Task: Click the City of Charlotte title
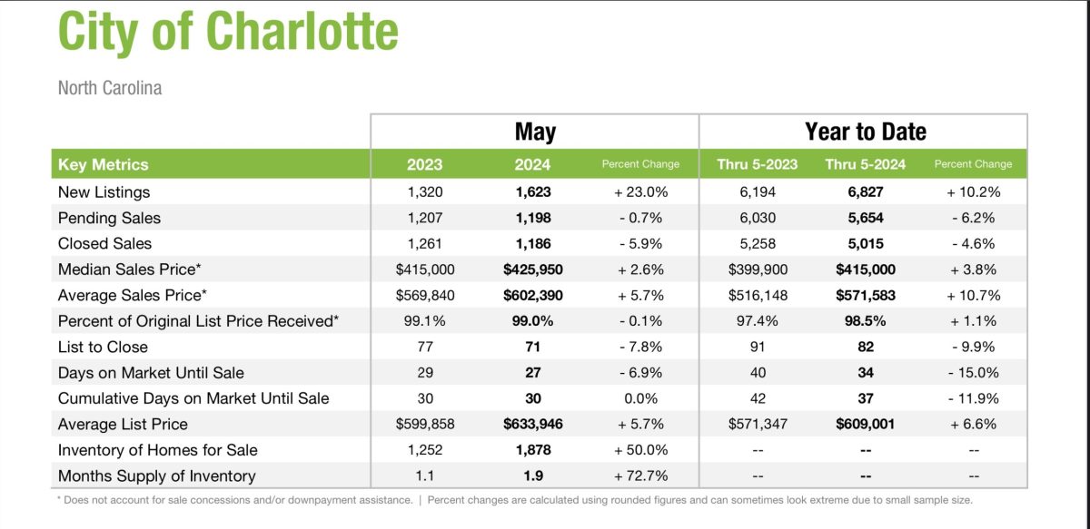click(228, 32)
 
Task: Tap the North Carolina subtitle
click(110, 88)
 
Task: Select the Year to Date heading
click(865, 132)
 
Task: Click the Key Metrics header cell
click(103, 164)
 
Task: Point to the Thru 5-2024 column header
click(866, 164)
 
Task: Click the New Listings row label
click(104, 191)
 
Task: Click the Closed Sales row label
click(104, 243)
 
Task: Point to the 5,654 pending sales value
click(866, 218)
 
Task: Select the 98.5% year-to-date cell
click(866, 321)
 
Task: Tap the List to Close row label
click(103, 347)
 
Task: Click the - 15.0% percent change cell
click(973, 372)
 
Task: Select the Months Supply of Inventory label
click(156, 475)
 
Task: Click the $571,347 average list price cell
click(757, 424)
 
